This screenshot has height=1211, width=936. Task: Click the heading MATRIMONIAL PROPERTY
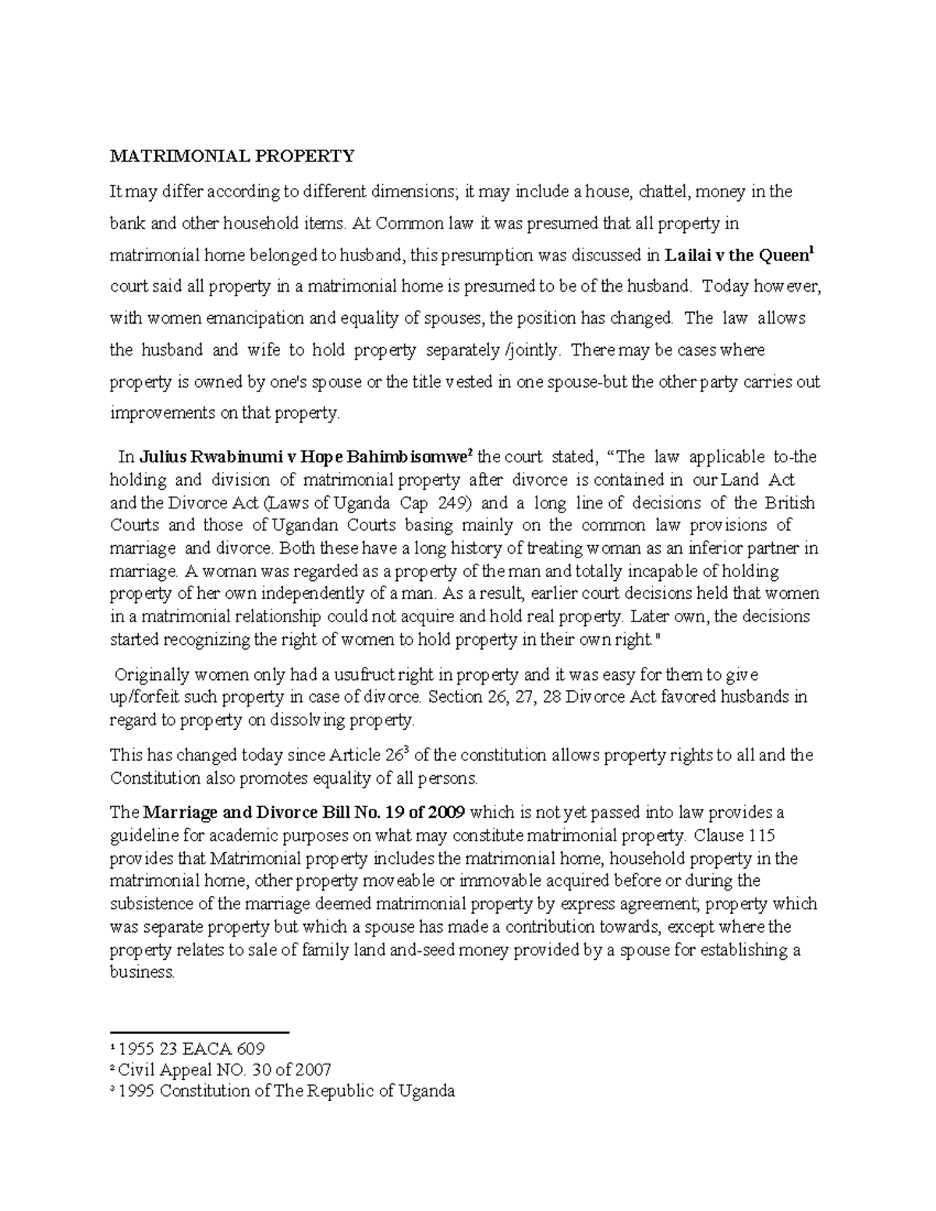point(232,157)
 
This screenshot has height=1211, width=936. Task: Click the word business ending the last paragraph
point(141,972)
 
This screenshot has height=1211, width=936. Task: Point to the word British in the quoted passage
point(789,503)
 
